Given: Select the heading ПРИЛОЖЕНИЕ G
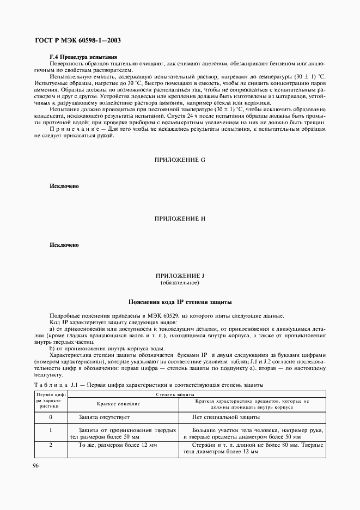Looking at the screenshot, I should click(x=180, y=160).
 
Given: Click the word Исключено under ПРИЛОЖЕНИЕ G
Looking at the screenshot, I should click(x=64, y=186).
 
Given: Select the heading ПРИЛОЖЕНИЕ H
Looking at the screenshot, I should click(x=180, y=218).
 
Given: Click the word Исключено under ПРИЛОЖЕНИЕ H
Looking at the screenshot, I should click(x=64, y=245).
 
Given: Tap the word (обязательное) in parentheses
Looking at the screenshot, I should click(x=180, y=283).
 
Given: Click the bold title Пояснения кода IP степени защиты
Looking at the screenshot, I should click(x=180, y=302).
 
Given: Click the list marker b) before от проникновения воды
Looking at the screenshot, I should click(x=52, y=348).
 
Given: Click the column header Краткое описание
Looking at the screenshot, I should click(x=118, y=404).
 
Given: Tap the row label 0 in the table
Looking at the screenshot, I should click(x=50, y=417).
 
